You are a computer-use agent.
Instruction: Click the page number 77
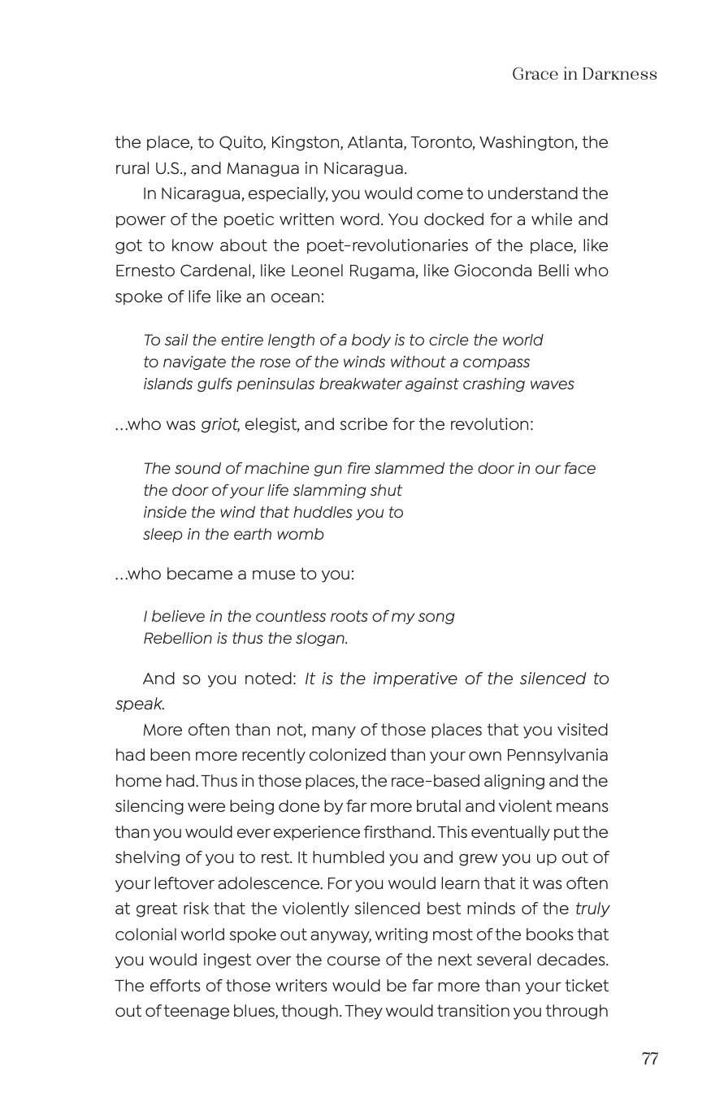(x=649, y=1059)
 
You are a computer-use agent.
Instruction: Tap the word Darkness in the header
(x=619, y=75)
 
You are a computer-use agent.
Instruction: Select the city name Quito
(x=241, y=143)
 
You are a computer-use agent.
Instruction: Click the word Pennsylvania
(x=557, y=755)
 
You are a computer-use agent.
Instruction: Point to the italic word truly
(x=592, y=909)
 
